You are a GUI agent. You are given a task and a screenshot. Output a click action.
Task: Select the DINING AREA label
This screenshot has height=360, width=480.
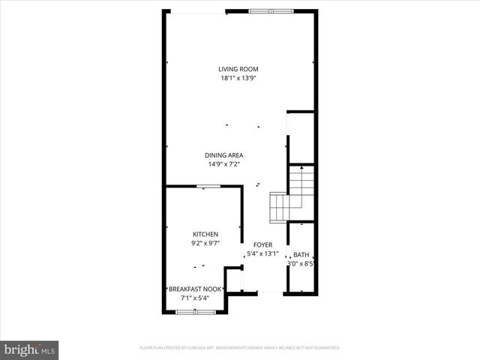tap(224, 155)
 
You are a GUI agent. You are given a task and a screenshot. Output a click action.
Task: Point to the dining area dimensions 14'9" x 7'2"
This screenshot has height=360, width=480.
tap(224, 164)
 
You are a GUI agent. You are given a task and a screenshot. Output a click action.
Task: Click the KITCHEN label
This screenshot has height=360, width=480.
tap(205, 234)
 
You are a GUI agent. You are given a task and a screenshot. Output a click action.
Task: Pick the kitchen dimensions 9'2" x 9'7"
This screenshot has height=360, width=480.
tap(205, 243)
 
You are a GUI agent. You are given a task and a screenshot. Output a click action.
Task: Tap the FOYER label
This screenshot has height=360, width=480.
tap(262, 244)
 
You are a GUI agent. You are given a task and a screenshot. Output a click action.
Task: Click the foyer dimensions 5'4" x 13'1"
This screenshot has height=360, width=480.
tap(262, 253)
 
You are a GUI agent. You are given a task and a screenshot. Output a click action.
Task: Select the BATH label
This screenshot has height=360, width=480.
tap(301, 254)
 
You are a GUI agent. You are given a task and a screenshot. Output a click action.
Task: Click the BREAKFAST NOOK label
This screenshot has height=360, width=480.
tap(194, 289)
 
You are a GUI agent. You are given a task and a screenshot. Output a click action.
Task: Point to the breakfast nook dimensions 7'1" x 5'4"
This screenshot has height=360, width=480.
tap(194, 298)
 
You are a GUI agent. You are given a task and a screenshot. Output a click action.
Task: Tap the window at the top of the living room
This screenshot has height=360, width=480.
tap(271, 10)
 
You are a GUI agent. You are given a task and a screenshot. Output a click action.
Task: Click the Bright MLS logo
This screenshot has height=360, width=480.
tap(30, 349)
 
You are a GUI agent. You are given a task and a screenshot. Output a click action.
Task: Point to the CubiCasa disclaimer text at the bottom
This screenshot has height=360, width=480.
tap(240, 348)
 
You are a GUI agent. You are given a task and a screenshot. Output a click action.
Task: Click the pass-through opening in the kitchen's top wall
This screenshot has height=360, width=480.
tap(202, 186)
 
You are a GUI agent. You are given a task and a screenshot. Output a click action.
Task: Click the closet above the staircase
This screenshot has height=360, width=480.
tap(300, 135)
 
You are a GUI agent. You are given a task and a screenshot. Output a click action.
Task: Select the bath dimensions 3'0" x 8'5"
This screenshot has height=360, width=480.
tap(301, 263)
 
